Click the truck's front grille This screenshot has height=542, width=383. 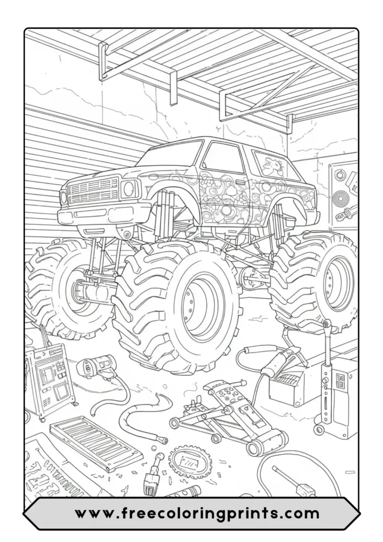coord(93,190)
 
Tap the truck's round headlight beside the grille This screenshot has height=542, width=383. coord(129,188)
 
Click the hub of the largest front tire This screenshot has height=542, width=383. coord(200,305)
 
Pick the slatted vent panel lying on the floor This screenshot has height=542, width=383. coord(95,442)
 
